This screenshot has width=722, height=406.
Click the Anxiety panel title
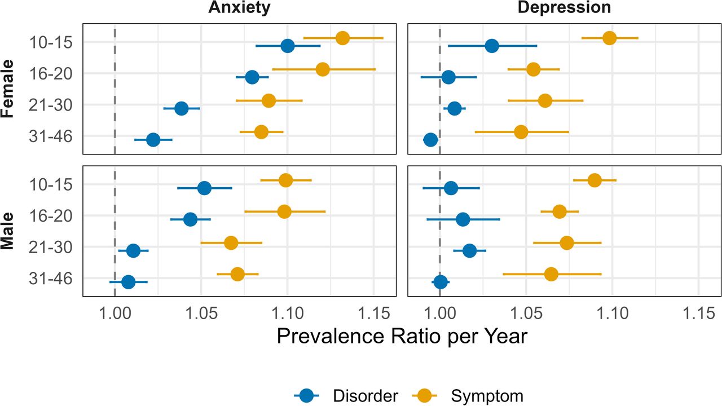click(x=239, y=7)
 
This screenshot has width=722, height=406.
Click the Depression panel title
click(x=564, y=7)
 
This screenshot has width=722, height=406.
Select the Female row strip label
click(x=8, y=89)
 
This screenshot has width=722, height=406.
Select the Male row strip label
click(x=8, y=231)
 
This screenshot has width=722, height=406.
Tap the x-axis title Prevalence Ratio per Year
click(x=402, y=337)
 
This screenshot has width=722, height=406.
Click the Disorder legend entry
click(x=346, y=395)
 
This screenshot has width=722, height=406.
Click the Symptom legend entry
click(x=468, y=395)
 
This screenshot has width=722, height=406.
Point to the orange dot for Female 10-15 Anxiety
click(x=342, y=38)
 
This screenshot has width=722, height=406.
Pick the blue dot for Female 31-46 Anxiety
click(x=153, y=140)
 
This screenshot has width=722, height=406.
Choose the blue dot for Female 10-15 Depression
click(x=492, y=46)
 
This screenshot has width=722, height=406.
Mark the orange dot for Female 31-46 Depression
click(x=521, y=132)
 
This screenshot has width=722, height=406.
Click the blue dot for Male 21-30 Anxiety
click(x=134, y=250)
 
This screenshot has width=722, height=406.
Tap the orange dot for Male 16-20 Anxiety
click(x=284, y=211)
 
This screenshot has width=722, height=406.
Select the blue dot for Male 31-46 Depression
click(x=441, y=282)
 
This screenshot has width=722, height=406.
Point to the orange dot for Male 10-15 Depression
click(x=595, y=180)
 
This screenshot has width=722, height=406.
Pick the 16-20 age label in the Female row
click(x=51, y=74)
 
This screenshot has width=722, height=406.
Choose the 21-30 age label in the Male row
click(x=51, y=248)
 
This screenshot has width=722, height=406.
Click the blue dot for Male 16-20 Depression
click(x=463, y=219)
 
